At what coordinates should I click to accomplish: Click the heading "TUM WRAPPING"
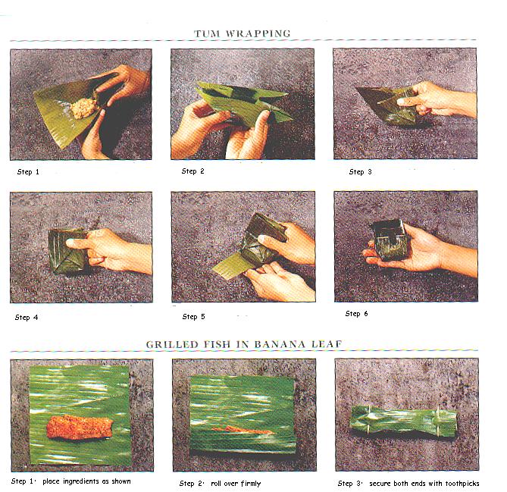[243, 33]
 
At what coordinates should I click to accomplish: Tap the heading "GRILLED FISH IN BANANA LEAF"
[244, 344]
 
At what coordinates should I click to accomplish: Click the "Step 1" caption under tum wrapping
[28, 172]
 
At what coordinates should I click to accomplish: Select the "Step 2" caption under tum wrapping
[192, 171]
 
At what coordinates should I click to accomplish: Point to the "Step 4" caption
[27, 318]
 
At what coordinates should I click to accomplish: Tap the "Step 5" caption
[194, 317]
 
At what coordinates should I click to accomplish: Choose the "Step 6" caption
[356, 313]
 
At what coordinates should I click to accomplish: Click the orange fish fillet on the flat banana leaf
[80, 427]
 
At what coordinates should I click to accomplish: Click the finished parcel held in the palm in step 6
[387, 240]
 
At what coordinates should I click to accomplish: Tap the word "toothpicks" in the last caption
[462, 484]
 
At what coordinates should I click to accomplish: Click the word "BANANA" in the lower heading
[280, 344]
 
